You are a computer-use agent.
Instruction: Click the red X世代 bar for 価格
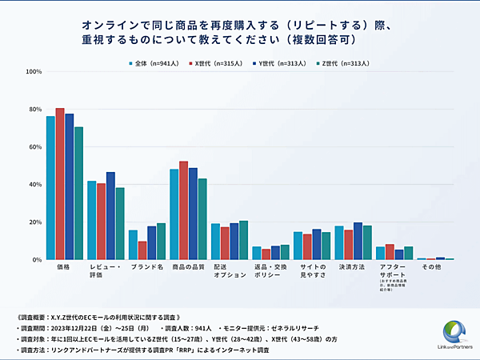(60, 184)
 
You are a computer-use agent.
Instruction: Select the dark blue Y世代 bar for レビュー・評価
(110, 216)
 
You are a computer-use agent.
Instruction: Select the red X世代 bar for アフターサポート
(390, 252)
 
